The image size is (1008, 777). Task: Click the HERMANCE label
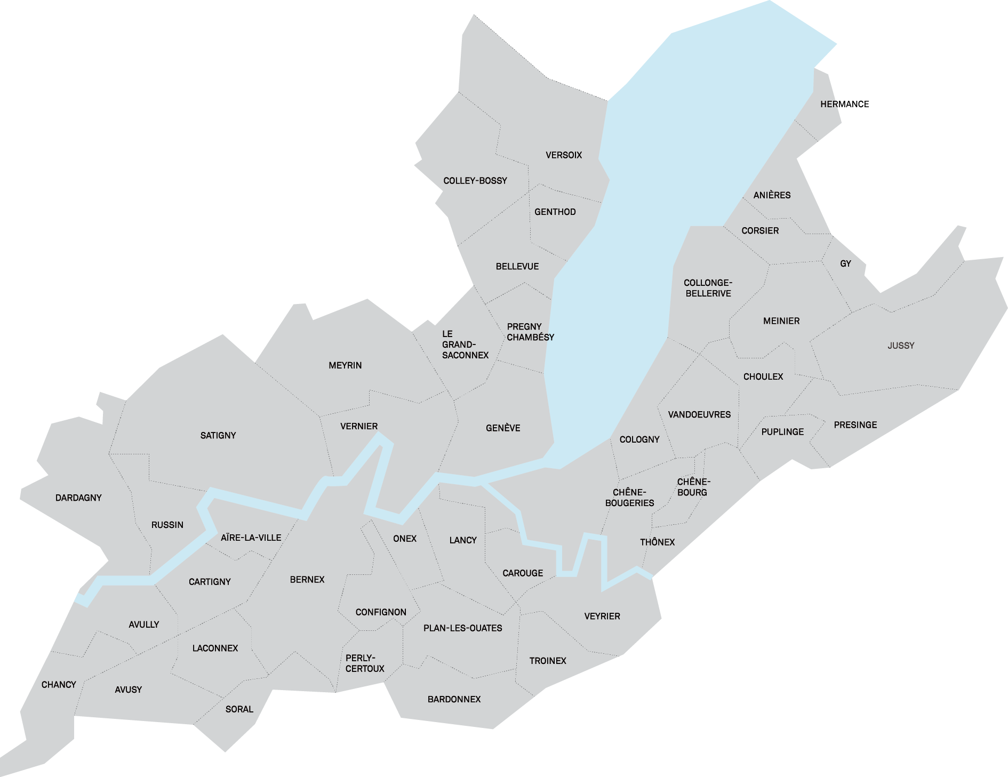coord(844,104)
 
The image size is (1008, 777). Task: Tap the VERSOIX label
coord(563,155)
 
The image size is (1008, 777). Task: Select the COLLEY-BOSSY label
coord(475,181)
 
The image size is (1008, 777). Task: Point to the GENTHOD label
coord(555,212)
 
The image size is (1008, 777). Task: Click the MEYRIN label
coord(345,365)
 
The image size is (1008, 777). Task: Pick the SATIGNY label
coord(218,436)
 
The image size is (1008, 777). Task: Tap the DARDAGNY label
coord(78,498)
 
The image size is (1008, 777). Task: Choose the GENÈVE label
coord(503,428)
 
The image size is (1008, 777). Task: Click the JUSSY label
coord(901,346)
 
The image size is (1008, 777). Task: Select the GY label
coord(845,263)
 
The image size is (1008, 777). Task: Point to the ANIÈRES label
coord(772,195)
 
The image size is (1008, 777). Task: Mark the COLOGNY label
coord(639,439)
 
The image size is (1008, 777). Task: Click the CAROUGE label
coord(523,573)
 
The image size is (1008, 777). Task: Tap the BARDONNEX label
coord(454,699)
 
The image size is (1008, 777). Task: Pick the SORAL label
coord(239,709)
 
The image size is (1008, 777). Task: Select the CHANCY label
coord(59,685)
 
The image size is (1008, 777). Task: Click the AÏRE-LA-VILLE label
coord(251,538)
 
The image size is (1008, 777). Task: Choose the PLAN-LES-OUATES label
coord(462,628)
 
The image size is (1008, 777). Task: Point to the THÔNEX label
coord(657,542)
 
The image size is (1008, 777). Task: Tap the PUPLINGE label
coord(782,432)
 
